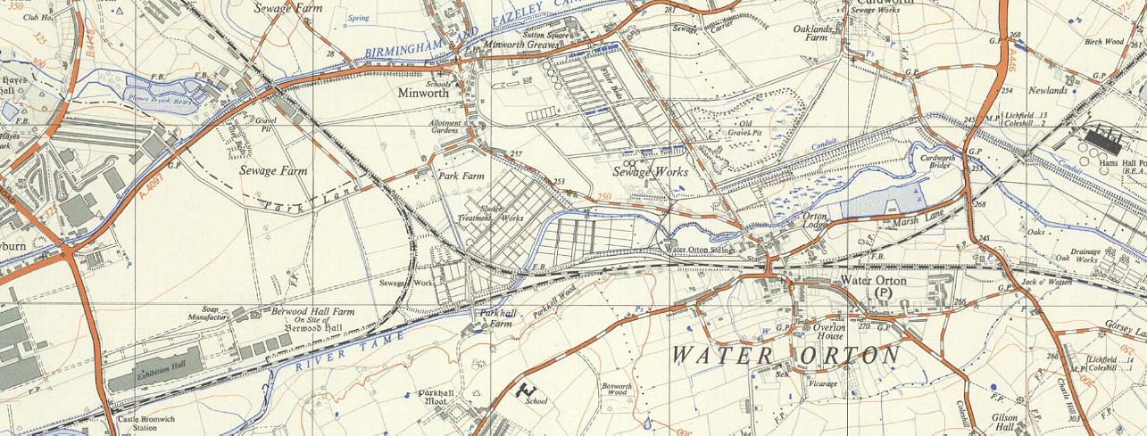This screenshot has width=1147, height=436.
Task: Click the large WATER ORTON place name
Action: [x=785, y=355]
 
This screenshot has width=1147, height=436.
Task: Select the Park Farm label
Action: [x=461, y=177]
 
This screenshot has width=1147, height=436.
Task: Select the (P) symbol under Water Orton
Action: [x=884, y=292]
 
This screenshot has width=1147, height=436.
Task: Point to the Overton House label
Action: [x=829, y=332]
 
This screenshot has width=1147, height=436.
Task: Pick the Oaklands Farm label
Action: [x=812, y=34]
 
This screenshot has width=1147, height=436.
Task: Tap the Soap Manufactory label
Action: [x=209, y=313]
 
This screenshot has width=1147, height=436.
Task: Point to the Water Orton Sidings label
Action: [x=701, y=250]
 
